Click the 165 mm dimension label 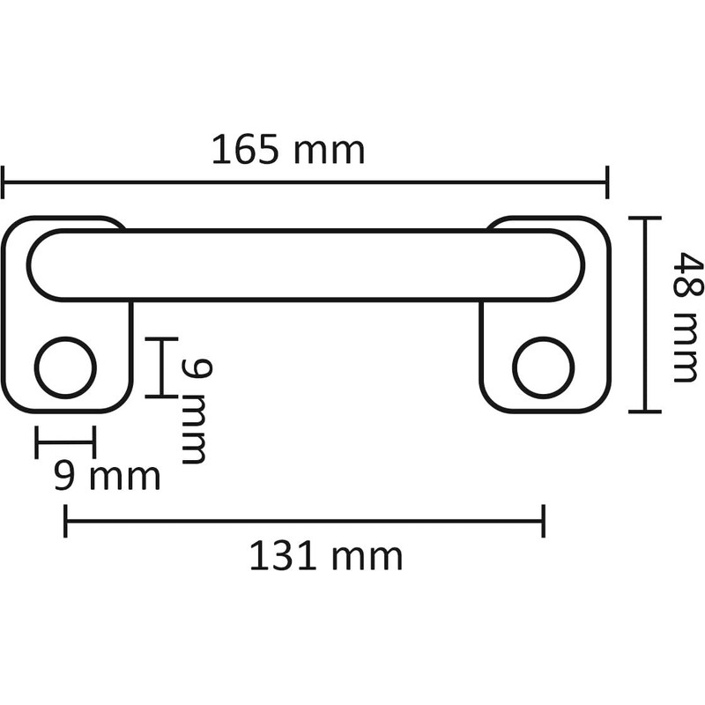coord(287,151)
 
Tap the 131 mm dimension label coord(325,556)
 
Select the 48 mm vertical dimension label coord(683,317)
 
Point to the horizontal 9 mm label coord(107,477)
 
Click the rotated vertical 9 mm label coord(195,411)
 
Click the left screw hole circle coord(65,367)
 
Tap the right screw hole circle coord(544,367)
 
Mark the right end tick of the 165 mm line coord(607,182)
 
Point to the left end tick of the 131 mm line coord(66,521)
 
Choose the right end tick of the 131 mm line coord(543,521)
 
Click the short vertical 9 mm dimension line coord(162,367)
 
